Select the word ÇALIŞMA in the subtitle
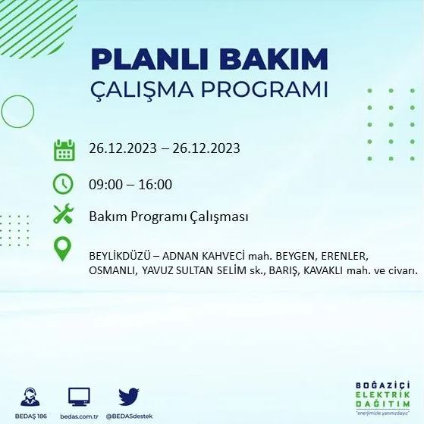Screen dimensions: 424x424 [144, 89]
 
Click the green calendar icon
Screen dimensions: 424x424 [64, 149]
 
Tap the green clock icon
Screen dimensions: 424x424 [64, 184]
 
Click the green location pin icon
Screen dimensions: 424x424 [64, 249]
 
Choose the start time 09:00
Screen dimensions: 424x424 [105, 185]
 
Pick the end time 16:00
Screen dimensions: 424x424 [155, 185]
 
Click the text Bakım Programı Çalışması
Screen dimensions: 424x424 [169, 217]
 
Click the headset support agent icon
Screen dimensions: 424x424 [31, 396]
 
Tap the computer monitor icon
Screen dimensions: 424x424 [79, 396]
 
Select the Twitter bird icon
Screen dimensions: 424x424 [128, 396]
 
